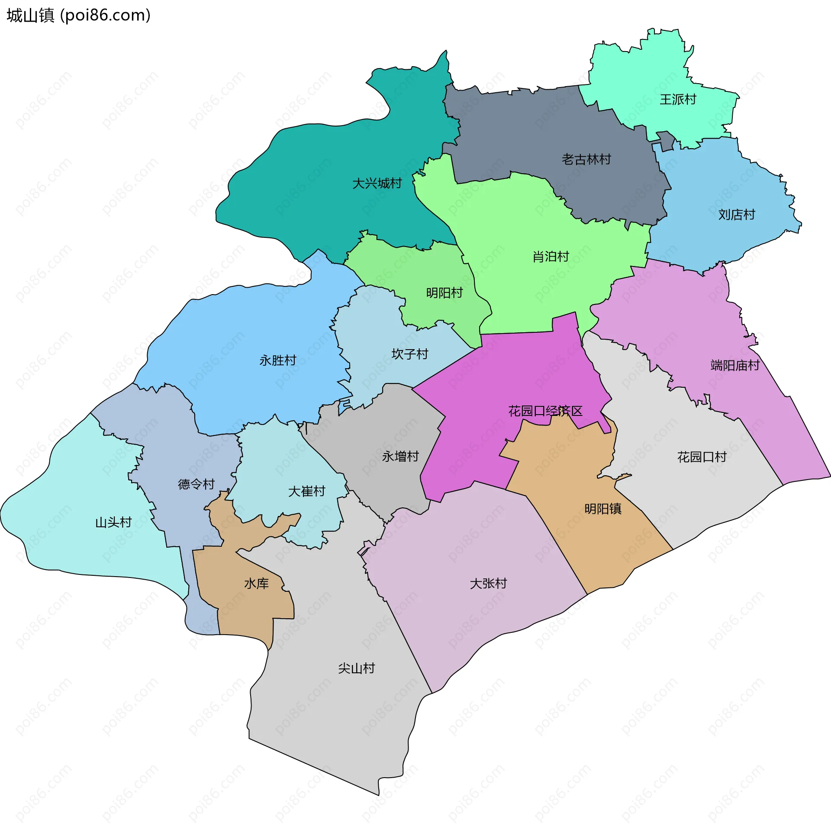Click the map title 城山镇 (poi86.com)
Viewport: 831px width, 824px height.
click(78, 16)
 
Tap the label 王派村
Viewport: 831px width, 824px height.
click(678, 100)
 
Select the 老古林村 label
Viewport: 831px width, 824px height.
click(586, 159)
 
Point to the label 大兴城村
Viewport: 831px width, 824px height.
click(377, 184)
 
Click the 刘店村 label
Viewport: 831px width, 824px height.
click(737, 214)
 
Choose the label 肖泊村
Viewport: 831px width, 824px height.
click(551, 257)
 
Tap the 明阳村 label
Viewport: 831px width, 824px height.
click(444, 293)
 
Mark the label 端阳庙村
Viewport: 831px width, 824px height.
click(735, 365)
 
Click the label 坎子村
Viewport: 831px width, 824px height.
click(410, 354)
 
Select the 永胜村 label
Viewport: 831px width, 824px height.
click(278, 360)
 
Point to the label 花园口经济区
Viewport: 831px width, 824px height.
click(545, 411)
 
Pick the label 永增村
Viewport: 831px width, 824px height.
click(400, 456)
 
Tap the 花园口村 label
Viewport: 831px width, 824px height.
click(702, 457)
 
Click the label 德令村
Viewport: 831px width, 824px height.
click(196, 484)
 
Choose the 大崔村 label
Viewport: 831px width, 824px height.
click(307, 491)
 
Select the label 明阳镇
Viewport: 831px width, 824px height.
click(603, 509)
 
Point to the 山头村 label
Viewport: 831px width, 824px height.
click(113, 522)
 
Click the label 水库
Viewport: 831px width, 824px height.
click(257, 584)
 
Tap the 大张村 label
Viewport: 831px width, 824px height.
click(488, 584)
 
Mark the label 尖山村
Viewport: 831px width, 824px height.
click(357, 668)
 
